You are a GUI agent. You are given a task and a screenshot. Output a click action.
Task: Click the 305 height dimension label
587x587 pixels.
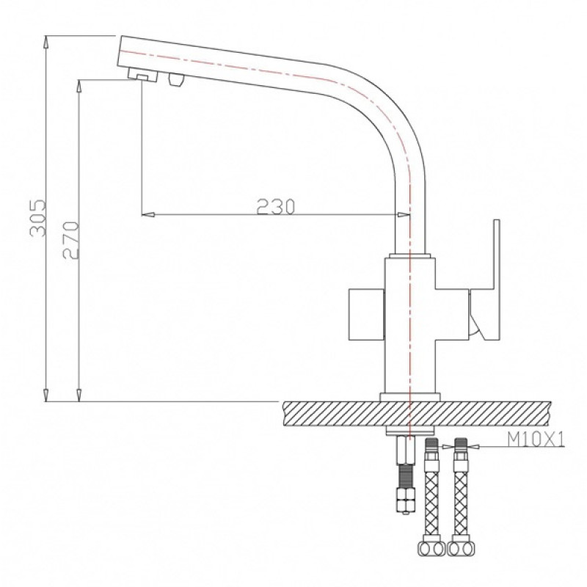tap(38, 218)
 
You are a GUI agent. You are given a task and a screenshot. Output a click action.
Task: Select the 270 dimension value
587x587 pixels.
tap(70, 241)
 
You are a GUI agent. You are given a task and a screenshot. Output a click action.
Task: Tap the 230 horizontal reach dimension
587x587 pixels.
tap(276, 206)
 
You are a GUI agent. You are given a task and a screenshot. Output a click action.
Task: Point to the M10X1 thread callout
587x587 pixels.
tap(536, 440)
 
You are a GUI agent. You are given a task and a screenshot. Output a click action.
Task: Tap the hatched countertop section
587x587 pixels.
tap(417, 414)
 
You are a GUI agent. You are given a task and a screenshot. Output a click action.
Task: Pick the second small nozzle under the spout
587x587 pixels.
tap(176, 79)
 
